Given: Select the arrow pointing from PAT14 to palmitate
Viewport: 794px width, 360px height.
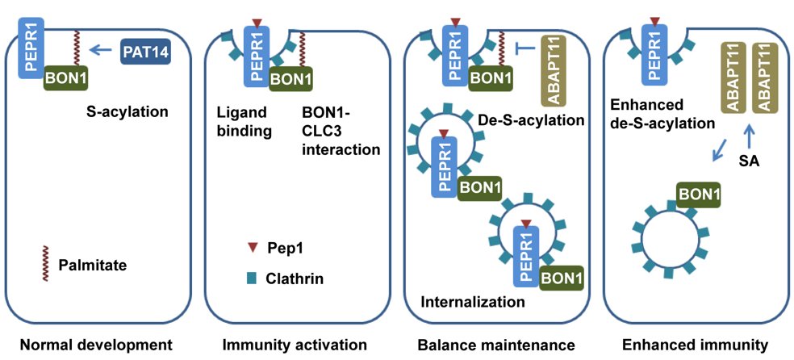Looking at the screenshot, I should (100, 52).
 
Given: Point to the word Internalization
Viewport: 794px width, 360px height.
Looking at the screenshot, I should (473, 303).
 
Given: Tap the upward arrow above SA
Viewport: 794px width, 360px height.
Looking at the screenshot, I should (750, 134).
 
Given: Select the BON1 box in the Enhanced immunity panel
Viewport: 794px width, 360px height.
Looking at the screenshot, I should (700, 195).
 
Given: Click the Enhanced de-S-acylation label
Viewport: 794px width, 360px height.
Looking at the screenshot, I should (663, 115).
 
